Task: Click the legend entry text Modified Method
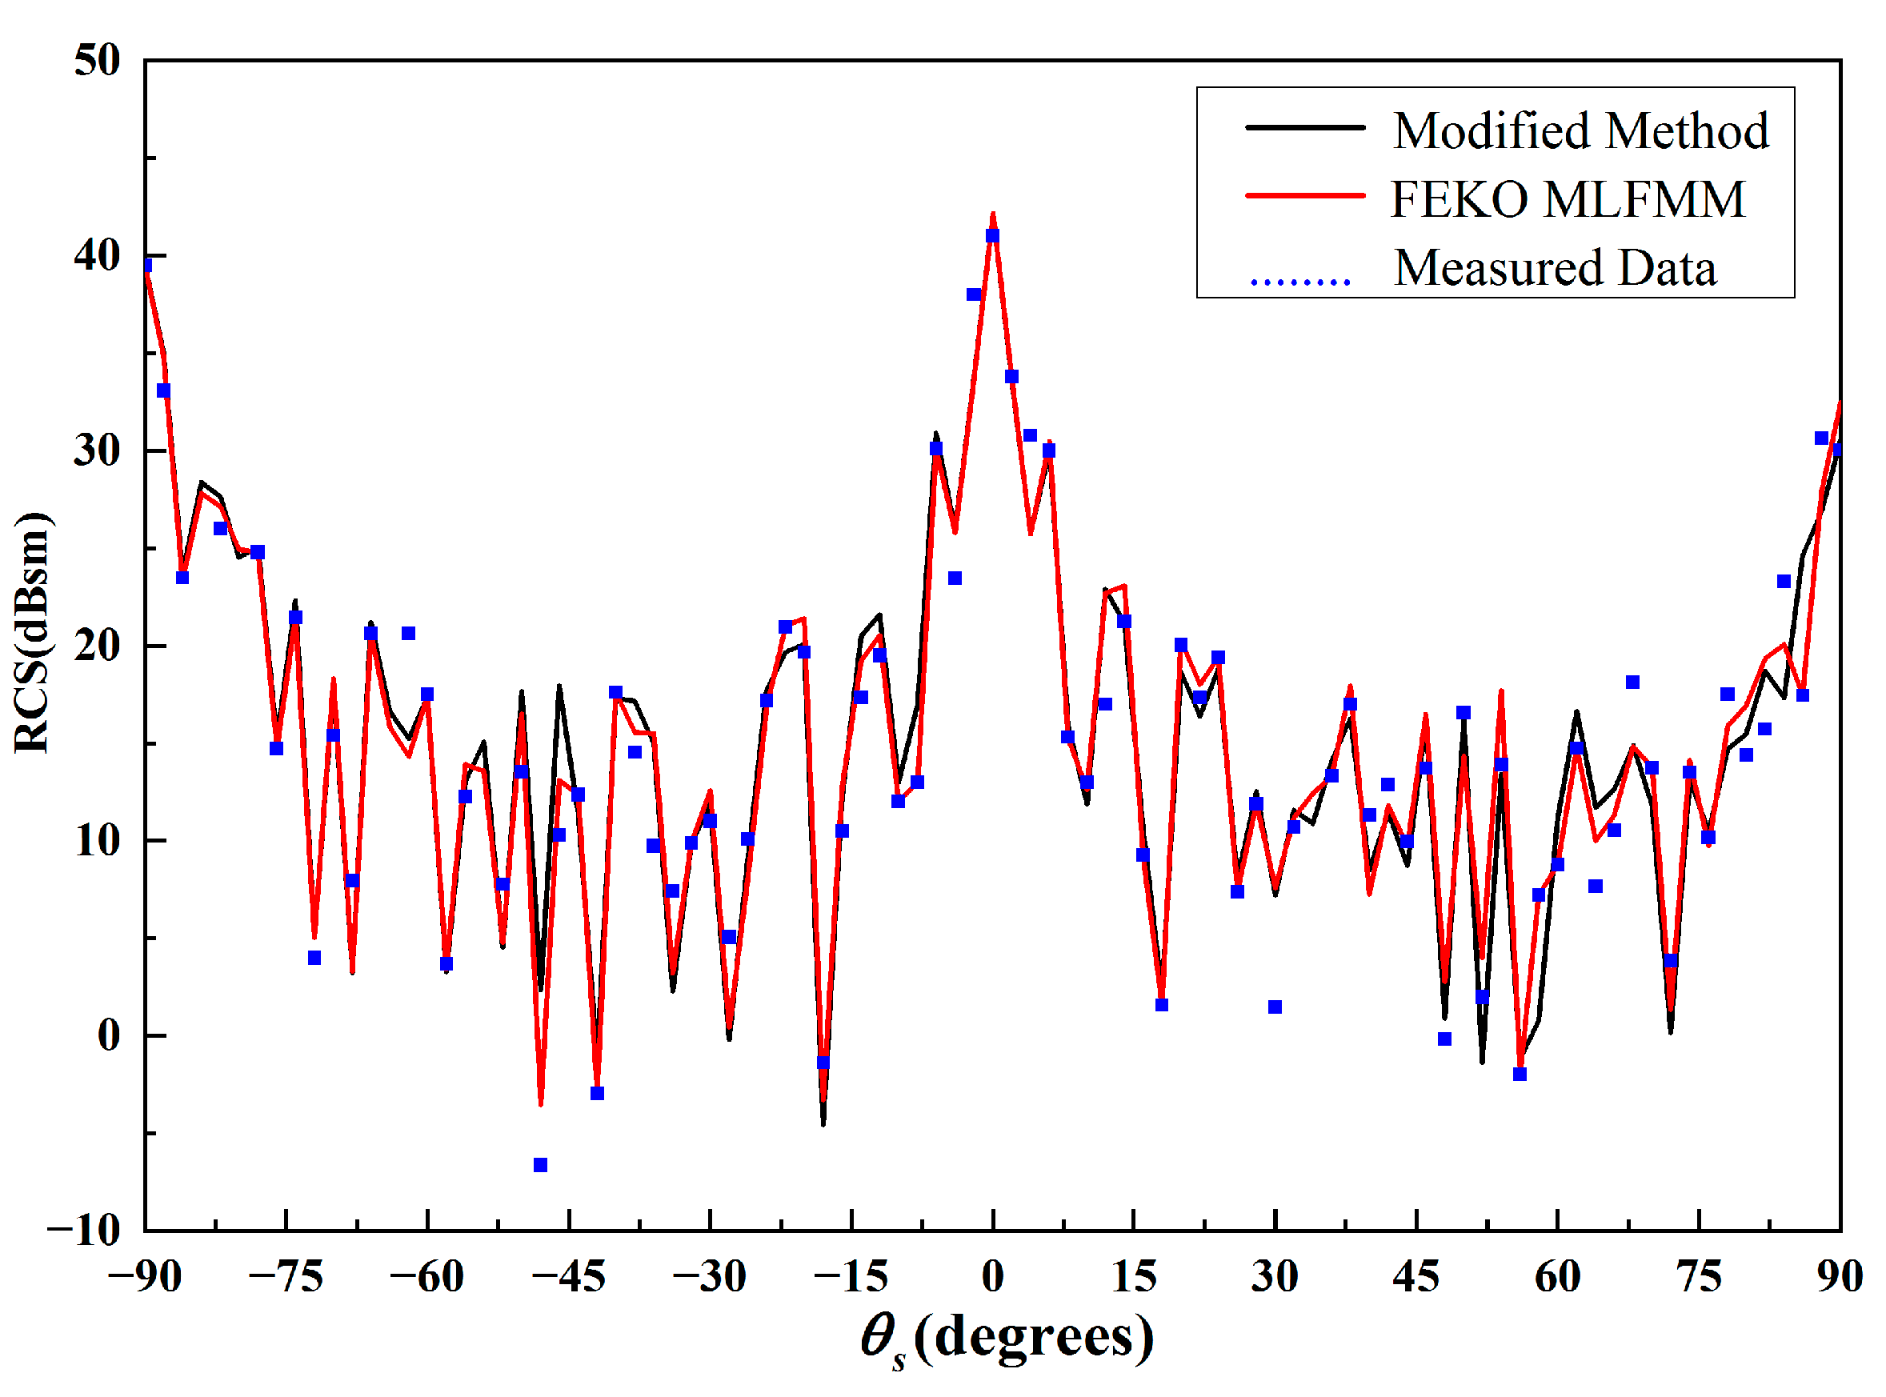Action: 1580,131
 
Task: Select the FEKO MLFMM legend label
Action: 1568,199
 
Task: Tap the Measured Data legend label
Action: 1555,268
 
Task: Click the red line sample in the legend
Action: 1305,195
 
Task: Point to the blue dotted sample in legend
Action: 1300,281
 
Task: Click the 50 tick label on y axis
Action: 96,61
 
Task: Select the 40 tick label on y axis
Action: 96,255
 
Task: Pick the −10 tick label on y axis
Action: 84,1231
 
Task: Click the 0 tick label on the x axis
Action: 993,1277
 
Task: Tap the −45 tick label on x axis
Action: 568,1277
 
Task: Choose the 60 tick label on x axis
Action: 1557,1277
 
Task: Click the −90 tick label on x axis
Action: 145,1277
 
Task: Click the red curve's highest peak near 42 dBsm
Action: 993,214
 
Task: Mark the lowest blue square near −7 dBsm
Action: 540,1165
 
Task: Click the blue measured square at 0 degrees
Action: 993,236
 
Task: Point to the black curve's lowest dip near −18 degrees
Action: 823,1123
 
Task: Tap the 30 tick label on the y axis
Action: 96,450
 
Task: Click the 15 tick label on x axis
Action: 1133,1277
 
